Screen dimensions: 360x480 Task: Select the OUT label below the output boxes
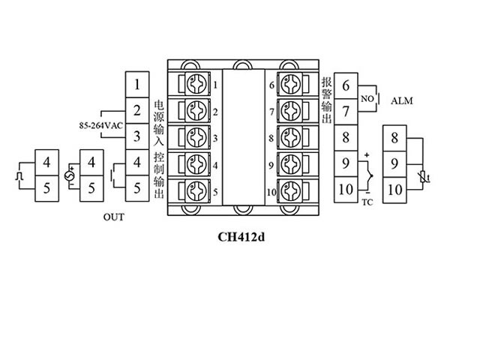pos(113,217)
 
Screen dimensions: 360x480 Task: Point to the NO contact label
pos(367,99)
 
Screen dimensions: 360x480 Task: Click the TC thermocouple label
pos(367,202)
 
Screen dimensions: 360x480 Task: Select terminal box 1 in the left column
pos(136,84)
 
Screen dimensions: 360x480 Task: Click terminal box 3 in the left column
pos(136,136)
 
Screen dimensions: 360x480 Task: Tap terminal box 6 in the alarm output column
pos(346,85)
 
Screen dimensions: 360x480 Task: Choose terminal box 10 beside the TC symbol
pos(346,190)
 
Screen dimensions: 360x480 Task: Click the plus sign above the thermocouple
pos(367,155)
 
